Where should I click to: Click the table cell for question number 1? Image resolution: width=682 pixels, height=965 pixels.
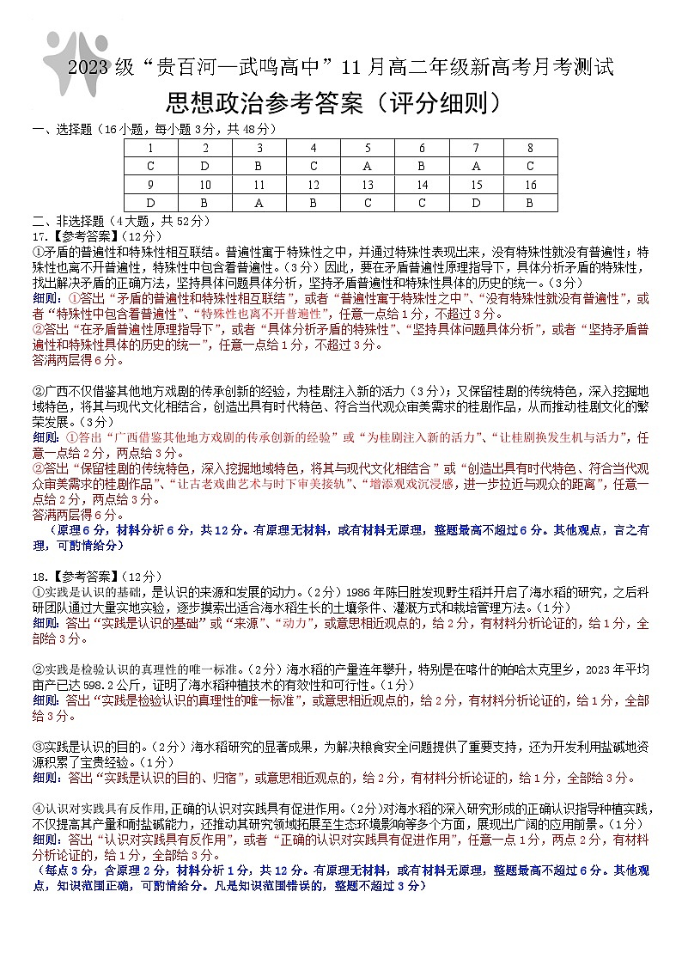click(x=151, y=148)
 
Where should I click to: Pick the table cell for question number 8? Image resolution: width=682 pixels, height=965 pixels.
click(x=530, y=148)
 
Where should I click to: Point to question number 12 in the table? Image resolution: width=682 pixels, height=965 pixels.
click(x=314, y=185)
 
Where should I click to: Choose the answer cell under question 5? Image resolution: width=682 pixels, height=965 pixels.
click(x=368, y=166)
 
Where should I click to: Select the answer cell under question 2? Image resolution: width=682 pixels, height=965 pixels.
click(x=205, y=166)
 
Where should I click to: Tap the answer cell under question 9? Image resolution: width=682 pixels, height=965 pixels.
click(x=151, y=203)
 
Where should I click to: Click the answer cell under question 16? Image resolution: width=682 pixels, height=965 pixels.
click(x=530, y=203)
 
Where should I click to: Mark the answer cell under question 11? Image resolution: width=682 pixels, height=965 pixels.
click(x=259, y=203)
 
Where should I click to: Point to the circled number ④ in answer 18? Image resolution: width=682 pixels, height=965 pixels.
click(x=38, y=809)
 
